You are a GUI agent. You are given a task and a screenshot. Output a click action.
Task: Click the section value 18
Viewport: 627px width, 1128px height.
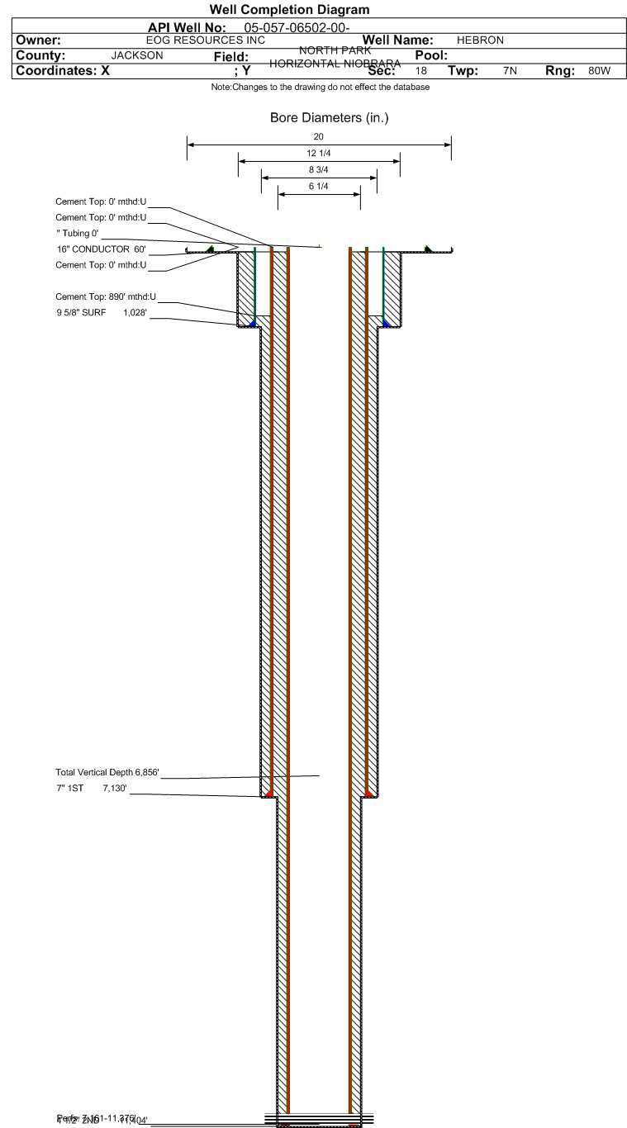[421, 71]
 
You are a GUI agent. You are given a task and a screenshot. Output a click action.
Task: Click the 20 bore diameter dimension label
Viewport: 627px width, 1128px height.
[319, 137]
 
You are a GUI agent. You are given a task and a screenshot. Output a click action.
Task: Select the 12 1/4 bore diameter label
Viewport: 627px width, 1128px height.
[319, 154]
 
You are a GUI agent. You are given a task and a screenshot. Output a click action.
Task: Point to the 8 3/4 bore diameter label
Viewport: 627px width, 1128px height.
[319, 170]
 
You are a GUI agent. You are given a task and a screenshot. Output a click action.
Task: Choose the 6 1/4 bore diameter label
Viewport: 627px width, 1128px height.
[319, 187]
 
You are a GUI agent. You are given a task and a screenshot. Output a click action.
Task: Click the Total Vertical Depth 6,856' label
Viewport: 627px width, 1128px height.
[107, 772]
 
